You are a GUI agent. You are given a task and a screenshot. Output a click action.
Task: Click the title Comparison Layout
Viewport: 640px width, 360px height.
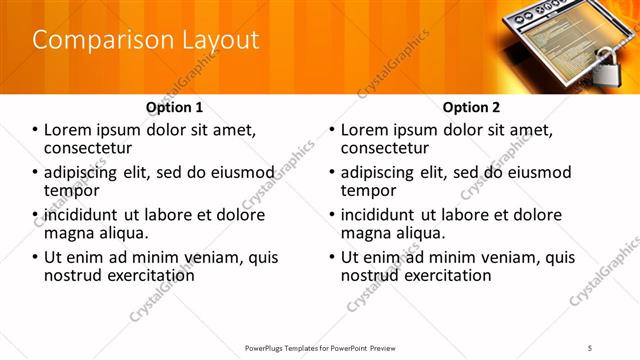point(146,40)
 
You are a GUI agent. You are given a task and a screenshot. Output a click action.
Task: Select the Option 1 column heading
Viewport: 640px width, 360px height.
point(174,106)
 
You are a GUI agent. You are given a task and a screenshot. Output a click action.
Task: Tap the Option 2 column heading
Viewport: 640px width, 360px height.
point(471,106)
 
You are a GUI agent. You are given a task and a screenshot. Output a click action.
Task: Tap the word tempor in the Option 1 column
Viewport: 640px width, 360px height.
point(71,190)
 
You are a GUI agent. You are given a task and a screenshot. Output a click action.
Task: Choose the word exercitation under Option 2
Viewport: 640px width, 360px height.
point(442,274)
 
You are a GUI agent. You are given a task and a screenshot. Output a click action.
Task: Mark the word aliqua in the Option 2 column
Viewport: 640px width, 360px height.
point(417,232)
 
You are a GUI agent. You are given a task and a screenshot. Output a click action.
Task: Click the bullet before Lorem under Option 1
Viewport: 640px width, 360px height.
point(36,130)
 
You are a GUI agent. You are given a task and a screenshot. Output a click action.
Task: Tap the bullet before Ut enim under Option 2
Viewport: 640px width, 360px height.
point(333,257)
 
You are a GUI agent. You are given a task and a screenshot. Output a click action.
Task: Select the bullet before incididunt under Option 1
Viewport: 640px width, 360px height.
point(36,215)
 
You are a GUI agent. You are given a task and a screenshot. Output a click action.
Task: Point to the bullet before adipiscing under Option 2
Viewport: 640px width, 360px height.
point(333,173)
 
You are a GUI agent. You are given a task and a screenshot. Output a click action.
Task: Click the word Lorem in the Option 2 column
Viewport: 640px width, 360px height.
point(366,130)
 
